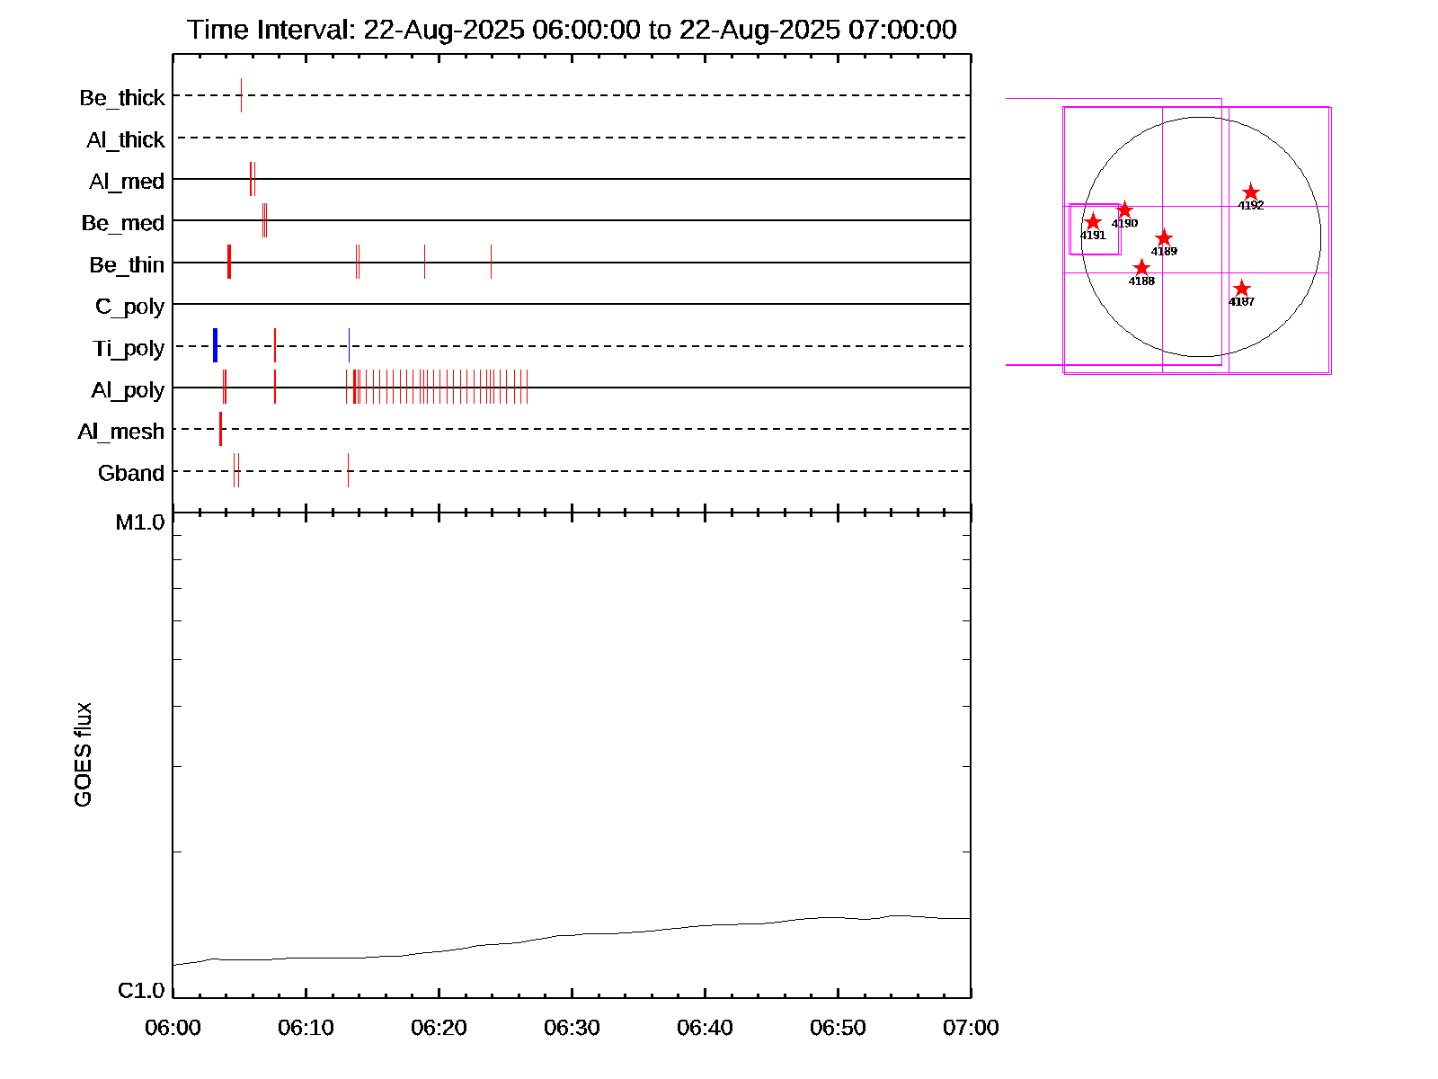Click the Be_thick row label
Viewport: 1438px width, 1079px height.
click(x=122, y=98)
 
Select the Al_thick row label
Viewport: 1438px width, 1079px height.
click(x=126, y=140)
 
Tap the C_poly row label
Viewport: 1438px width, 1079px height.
click(x=129, y=307)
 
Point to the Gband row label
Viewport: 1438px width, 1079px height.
click(x=131, y=473)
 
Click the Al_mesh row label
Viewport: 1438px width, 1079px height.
click(x=121, y=432)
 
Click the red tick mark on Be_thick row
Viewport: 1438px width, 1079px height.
click(x=241, y=95)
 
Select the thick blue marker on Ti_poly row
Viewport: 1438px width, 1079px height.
click(x=216, y=345)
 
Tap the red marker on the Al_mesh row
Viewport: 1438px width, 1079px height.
click(x=220, y=429)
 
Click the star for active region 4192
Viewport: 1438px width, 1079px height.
click(x=1251, y=192)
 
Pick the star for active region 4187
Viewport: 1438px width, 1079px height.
click(x=1241, y=289)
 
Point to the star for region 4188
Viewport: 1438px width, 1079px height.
click(x=1141, y=268)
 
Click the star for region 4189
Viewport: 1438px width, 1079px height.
click(x=1164, y=238)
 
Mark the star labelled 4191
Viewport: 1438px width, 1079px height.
click(x=1093, y=222)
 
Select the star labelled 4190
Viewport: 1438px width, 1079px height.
click(x=1124, y=210)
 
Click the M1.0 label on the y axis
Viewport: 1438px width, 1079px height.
click(x=140, y=522)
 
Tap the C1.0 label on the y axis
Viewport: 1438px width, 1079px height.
click(x=141, y=991)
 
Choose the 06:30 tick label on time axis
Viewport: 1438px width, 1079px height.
click(x=572, y=1028)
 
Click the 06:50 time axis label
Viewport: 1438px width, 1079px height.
click(x=838, y=1028)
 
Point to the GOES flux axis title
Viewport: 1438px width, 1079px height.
click(x=83, y=755)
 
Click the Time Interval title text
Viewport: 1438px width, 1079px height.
click(x=572, y=30)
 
